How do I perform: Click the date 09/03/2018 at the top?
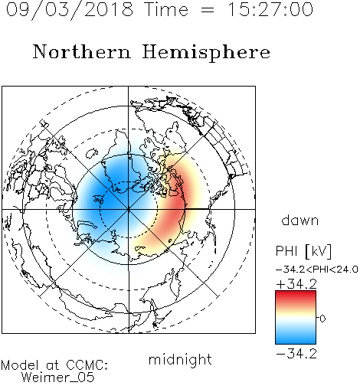click(70, 10)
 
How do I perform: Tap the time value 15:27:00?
click(270, 9)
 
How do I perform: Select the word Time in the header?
click(166, 9)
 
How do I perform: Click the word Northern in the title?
click(82, 51)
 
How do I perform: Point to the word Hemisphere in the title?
click(206, 53)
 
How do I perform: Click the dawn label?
click(300, 220)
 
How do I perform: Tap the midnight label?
click(180, 359)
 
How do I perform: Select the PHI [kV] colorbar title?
click(303, 251)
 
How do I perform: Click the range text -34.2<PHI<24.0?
click(317, 270)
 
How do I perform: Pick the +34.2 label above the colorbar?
click(296, 284)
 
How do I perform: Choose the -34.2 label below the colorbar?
click(296, 354)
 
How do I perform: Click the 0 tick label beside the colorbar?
click(322, 319)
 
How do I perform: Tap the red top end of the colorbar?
click(296, 293)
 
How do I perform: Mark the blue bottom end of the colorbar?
click(296, 342)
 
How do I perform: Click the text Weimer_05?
click(58, 378)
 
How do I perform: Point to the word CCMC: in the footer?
click(87, 365)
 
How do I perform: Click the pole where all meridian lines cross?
click(129, 209)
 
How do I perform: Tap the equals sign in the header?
click(208, 10)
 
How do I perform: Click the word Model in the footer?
click(20, 365)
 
